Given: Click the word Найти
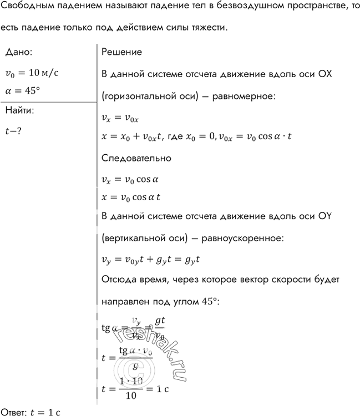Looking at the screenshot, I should tap(19, 110).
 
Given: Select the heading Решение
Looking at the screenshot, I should tap(122, 52).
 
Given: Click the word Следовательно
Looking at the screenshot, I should tap(136, 158).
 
